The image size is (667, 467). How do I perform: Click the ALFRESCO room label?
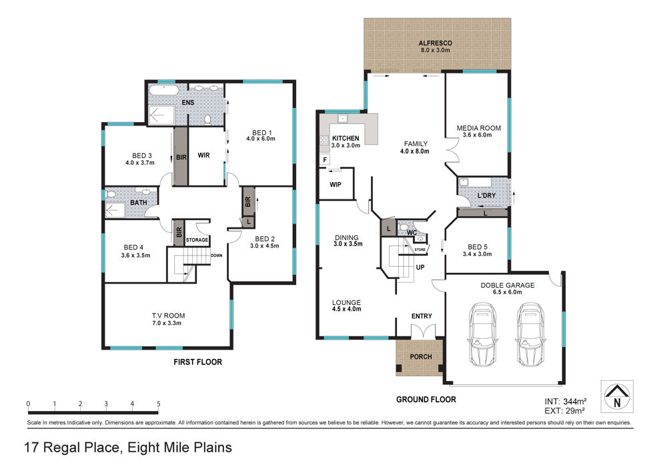435,43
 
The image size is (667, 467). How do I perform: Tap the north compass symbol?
617,396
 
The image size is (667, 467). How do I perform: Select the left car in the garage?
482,334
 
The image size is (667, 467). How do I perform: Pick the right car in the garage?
530,334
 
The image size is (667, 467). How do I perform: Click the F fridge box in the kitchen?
325,160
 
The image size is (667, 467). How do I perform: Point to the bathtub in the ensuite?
163,91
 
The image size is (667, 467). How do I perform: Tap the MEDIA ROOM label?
478,127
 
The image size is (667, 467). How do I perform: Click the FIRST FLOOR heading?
198,362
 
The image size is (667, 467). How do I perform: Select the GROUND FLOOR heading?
426,400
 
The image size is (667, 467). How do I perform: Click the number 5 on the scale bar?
158,404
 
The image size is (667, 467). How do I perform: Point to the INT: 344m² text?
566,401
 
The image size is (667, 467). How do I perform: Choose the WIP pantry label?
336,185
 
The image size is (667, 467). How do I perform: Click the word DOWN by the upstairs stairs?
217,256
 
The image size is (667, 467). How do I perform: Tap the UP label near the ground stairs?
420,268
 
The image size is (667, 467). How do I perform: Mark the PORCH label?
421,357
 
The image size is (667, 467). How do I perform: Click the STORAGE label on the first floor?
197,240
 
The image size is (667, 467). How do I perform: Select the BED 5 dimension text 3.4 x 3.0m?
478,254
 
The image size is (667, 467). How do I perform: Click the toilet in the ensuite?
207,119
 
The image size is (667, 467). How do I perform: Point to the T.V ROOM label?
169,316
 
